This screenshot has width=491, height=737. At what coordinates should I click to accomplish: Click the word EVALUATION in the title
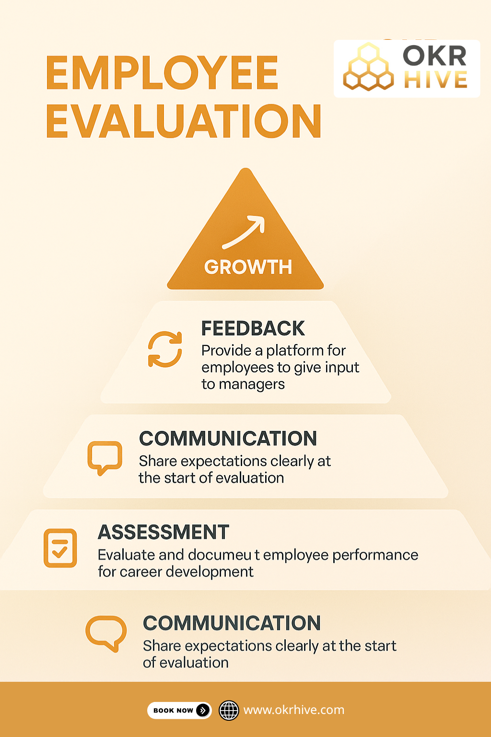[183, 121]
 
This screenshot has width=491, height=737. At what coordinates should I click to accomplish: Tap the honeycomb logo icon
[368, 68]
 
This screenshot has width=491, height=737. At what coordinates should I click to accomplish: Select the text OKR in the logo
[434, 56]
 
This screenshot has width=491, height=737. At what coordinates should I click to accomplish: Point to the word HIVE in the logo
[435, 80]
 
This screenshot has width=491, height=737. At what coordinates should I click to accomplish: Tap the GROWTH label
[248, 267]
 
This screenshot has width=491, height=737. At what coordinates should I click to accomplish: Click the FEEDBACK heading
[253, 329]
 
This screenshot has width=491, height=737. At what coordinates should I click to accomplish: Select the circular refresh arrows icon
[165, 349]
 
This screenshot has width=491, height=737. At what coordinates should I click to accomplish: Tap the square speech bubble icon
[105, 457]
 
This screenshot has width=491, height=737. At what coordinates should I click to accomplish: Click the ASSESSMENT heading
[164, 532]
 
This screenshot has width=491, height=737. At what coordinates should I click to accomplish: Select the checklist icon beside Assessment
[60, 548]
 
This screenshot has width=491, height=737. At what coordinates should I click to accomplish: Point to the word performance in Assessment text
[375, 555]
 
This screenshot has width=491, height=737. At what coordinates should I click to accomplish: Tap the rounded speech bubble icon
[106, 632]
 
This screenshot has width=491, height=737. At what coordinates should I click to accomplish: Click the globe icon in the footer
[229, 710]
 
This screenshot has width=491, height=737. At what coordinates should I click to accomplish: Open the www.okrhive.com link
[293, 710]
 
